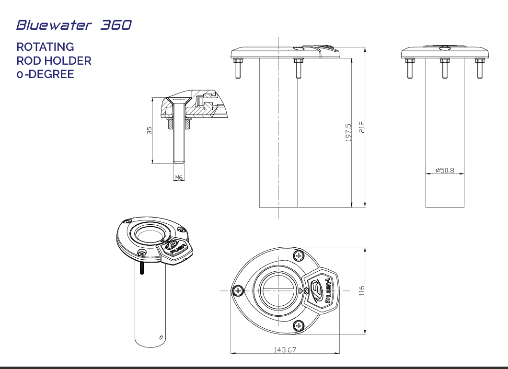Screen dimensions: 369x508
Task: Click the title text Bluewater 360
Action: (73, 25)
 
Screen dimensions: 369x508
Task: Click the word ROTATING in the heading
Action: (45, 47)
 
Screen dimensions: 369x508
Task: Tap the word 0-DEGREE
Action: (45, 74)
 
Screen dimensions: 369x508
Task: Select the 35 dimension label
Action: (149, 130)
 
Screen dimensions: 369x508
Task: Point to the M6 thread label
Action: (178, 178)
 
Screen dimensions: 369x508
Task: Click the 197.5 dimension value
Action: (348, 132)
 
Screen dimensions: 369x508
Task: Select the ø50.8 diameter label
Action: (445, 170)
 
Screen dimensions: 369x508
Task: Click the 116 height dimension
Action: (362, 290)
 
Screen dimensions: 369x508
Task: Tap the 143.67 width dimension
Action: (285, 350)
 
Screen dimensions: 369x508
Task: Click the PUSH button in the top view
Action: (321, 290)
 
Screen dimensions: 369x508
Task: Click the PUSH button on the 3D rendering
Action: (175, 249)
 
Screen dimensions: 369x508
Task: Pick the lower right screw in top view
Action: (299, 326)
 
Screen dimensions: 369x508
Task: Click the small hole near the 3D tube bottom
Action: (161, 336)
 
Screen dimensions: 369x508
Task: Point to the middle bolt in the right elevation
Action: (445, 67)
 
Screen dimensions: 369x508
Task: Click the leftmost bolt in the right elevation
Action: (410, 67)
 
